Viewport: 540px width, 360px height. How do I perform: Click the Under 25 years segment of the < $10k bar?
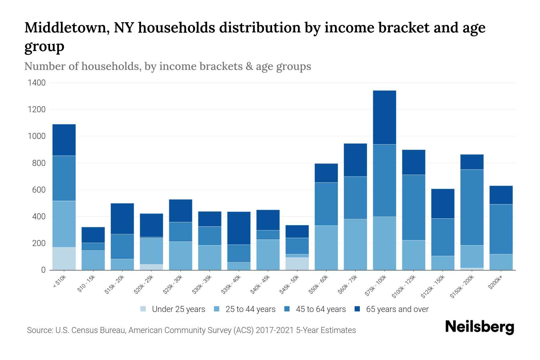[x=64, y=259]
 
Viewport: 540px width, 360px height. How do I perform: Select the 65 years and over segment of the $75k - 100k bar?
[x=384, y=117]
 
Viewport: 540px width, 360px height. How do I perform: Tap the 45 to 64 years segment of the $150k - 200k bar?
[x=472, y=207]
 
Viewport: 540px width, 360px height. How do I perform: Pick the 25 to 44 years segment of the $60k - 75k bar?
[x=355, y=244]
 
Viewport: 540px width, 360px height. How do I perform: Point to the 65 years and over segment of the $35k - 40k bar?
[x=239, y=228]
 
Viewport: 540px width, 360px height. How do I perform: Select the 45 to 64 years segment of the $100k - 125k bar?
[x=413, y=207]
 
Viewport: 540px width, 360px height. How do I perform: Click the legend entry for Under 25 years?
[x=178, y=309]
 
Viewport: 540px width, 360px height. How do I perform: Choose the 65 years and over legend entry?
[x=397, y=309]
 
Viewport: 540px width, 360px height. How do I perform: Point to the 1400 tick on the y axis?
[x=37, y=83]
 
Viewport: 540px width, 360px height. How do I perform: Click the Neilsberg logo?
[x=479, y=327]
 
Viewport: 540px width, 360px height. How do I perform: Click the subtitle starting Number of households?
[x=167, y=66]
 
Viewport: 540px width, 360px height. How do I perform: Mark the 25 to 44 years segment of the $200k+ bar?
[x=501, y=262]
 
